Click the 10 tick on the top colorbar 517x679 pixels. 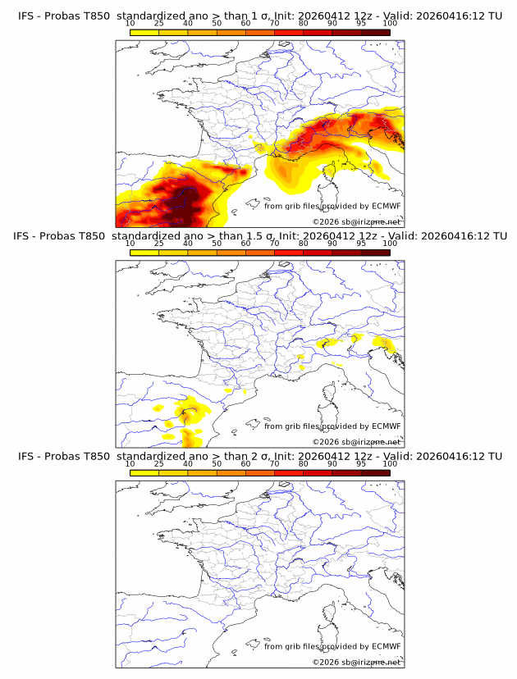pyautogui.click(x=130, y=23)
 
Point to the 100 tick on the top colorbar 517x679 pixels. pyautogui.click(x=390, y=23)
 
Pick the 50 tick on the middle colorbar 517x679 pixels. pyautogui.click(x=217, y=244)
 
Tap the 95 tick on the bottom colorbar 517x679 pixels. pyautogui.click(x=361, y=463)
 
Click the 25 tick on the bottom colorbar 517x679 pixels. pyautogui.click(x=159, y=463)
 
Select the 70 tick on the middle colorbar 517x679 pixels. pyautogui.click(x=274, y=244)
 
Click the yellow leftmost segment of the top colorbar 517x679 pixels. pyautogui.click(x=144, y=32)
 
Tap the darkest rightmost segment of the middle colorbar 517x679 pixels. pyautogui.click(x=375, y=253)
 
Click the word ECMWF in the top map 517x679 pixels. pyautogui.click(x=386, y=206)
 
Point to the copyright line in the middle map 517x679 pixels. pyautogui.click(x=356, y=441)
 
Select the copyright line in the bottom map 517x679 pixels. pyautogui.click(x=356, y=662)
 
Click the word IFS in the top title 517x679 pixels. pyautogui.click(x=27, y=16)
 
